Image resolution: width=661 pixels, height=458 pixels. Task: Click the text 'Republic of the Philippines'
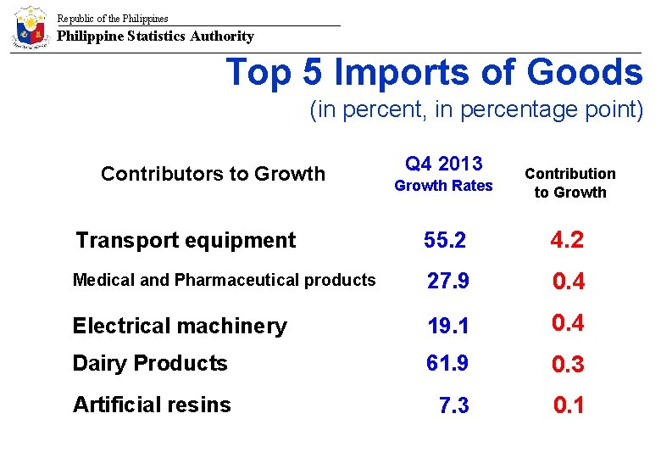pos(113,19)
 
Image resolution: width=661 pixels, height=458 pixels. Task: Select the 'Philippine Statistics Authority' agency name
pos(155,36)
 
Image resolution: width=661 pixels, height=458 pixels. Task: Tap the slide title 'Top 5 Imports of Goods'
pos(434,73)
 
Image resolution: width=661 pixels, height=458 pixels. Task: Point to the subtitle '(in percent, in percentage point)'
pos(476,110)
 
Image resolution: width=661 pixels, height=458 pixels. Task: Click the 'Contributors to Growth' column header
pos(213,174)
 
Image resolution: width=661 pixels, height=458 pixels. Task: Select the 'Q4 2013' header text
pos(443,164)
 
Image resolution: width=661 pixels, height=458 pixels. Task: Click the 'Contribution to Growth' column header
pos(569,183)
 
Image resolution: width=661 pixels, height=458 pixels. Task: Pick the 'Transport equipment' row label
pos(186,241)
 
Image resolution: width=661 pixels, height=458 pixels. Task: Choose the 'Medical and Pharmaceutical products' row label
pos(224,280)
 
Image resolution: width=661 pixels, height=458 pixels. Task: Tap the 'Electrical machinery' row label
pos(180,326)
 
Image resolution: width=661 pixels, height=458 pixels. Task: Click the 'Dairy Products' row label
pos(150,364)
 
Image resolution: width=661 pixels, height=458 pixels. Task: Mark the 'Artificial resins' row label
pos(152,405)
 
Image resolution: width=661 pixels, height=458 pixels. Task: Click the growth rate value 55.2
pos(445,241)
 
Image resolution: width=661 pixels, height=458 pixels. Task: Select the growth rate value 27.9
pos(447,282)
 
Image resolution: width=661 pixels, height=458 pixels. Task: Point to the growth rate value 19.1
pos(447,326)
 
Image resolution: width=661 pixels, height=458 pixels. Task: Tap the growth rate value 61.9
pos(447,364)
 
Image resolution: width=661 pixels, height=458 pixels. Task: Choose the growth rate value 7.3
pos(454,405)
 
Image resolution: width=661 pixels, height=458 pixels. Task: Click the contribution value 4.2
pos(567,240)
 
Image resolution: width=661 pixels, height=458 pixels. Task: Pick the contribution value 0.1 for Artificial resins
pos(569,405)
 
